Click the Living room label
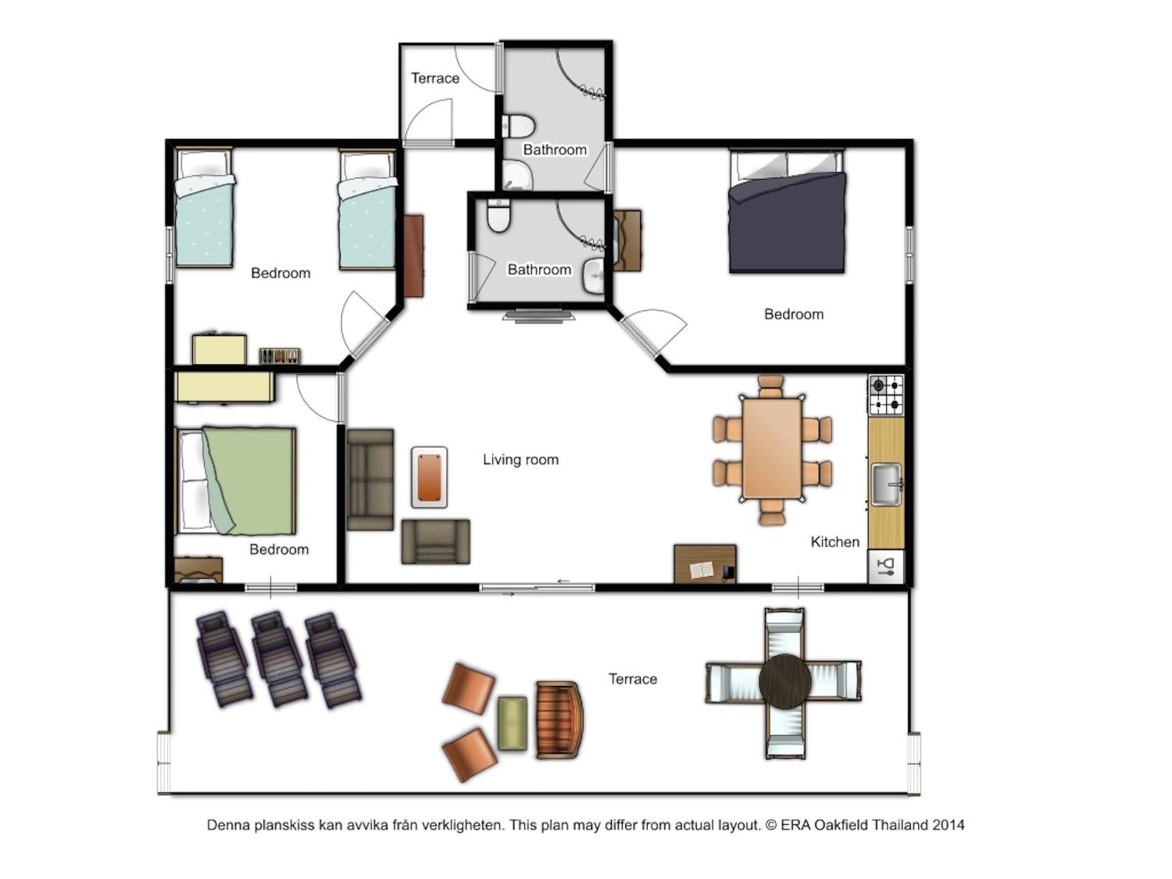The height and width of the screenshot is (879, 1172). click(520, 459)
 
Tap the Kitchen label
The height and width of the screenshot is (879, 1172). click(834, 541)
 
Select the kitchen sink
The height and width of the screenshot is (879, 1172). click(886, 484)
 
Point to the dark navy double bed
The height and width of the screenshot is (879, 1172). click(787, 212)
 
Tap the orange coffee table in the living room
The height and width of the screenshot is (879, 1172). click(429, 477)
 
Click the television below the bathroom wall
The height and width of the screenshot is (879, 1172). click(539, 316)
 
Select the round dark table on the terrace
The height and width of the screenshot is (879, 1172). click(785, 681)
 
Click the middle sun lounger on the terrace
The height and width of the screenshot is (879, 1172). click(279, 659)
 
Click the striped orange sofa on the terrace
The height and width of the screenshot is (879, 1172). click(559, 720)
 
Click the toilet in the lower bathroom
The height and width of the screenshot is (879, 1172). click(498, 216)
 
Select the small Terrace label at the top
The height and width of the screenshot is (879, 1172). click(435, 79)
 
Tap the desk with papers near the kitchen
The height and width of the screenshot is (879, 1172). click(705, 564)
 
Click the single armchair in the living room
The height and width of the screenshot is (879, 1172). click(436, 541)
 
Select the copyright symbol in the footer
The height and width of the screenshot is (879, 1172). click(771, 825)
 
